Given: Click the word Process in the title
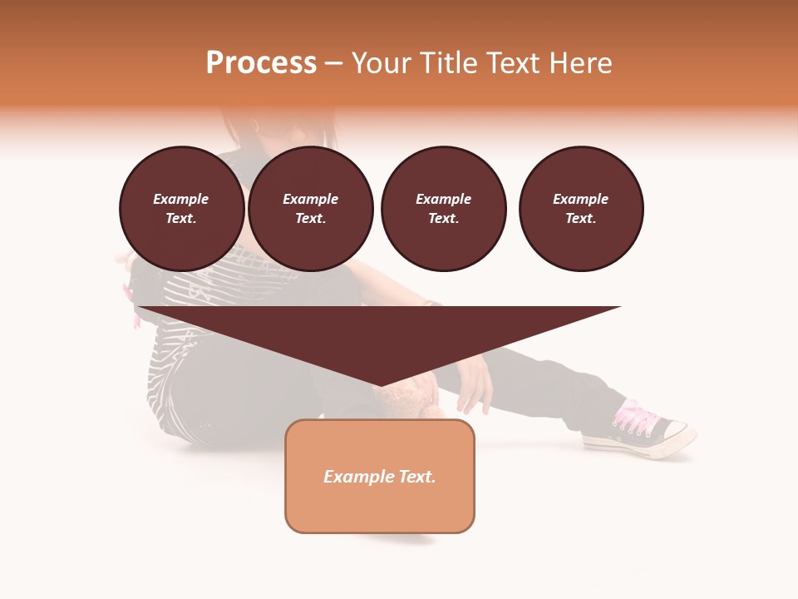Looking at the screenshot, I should point(261,62).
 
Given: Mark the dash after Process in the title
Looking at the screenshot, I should point(333,64).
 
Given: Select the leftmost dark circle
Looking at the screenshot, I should point(181,209).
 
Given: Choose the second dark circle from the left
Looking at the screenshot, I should point(310,209).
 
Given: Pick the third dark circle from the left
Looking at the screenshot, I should point(443,209).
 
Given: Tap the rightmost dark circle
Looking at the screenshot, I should point(580,209).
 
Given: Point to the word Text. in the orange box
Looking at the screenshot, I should point(417,477).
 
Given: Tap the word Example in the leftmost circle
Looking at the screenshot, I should point(181,199).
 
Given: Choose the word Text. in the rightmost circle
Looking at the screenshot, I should point(580,219).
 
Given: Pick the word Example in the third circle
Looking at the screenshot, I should point(443,199).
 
